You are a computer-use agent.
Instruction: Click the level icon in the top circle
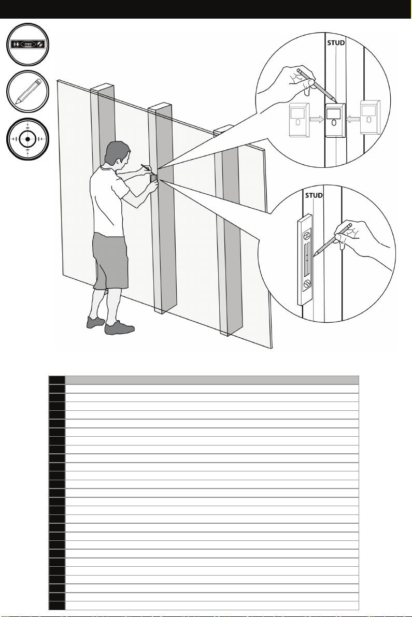[x=27, y=45]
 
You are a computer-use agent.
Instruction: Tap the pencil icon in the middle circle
[x=28, y=91]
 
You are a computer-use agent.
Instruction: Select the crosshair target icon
[x=27, y=139]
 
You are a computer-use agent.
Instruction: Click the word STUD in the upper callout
[x=336, y=42]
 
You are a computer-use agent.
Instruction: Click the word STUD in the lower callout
[x=314, y=195]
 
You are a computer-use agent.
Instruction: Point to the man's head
[x=117, y=153]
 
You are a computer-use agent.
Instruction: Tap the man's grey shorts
[x=110, y=260]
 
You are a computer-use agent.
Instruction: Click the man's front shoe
[x=119, y=328]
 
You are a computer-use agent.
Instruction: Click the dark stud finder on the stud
[x=335, y=120]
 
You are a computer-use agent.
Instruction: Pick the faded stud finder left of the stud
[x=300, y=120]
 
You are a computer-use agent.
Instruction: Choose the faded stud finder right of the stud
[x=371, y=117]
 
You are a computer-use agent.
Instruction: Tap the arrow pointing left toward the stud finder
[x=353, y=118]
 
